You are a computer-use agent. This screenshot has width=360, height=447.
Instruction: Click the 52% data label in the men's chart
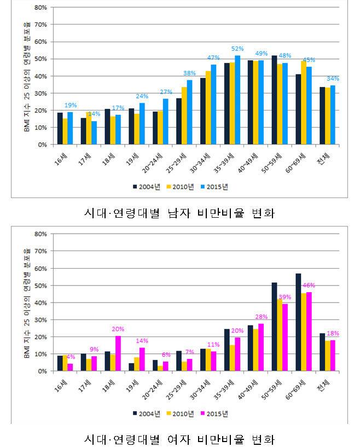237,49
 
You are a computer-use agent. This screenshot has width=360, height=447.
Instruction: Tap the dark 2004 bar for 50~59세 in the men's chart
274,100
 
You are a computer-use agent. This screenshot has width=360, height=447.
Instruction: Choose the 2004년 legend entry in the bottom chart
147,413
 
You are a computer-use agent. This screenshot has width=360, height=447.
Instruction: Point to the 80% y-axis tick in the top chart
40,8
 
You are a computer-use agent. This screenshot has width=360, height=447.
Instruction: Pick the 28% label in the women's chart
262,317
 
